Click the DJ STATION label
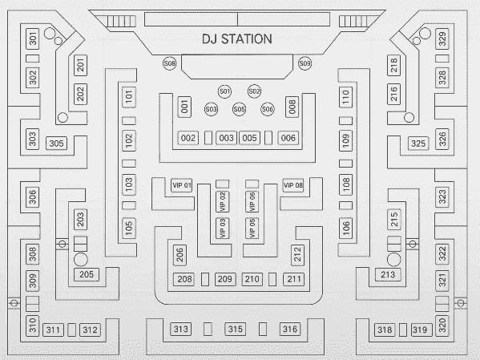(237, 39)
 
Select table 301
(32, 39)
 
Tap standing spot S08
(169, 63)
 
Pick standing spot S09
(305, 63)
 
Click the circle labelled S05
(239, 109)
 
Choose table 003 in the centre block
(226, 138)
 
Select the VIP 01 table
(182, 185)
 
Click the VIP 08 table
(293, 185)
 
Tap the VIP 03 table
(222, 229)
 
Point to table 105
(129, 228)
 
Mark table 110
(345, 97)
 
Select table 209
(225, 279)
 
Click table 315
(235, 329)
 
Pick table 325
(418, 144)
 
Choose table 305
(56, 143)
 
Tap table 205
(87, 274)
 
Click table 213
(388, 274)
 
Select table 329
(442, 39)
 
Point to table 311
(53, 330)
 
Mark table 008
(292, 107)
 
